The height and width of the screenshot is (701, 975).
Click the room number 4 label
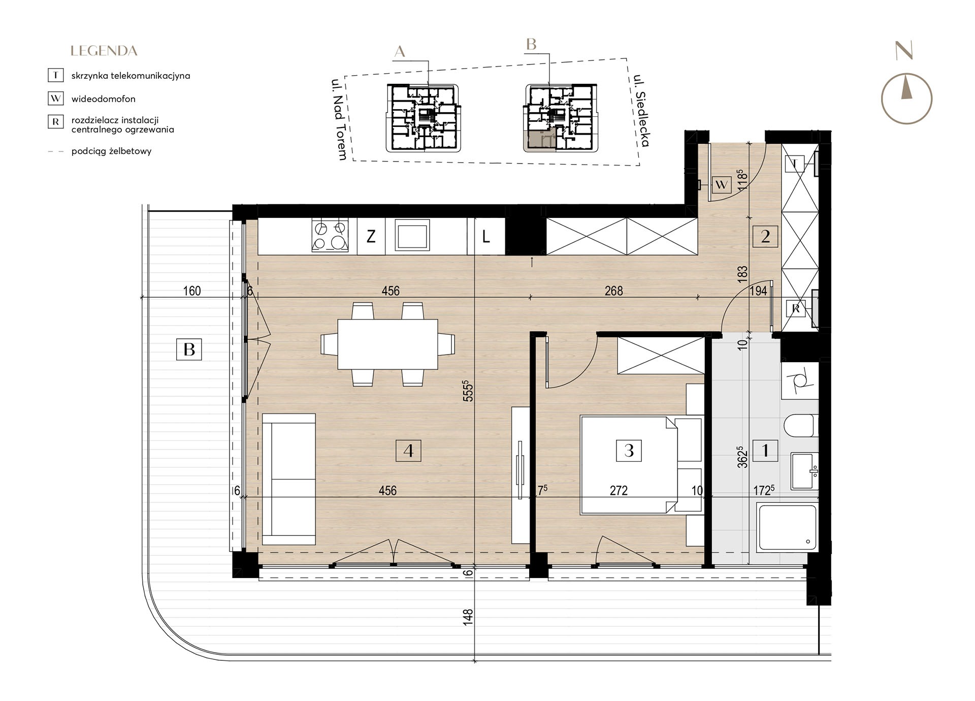(x=408, y=451)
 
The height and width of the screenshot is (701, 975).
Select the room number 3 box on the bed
(x=629, y=451)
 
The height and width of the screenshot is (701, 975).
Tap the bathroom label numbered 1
(x=765, y=450)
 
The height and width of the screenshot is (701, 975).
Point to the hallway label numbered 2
(x=766, y=236)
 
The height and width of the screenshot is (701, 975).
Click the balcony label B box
(x=189, y=349)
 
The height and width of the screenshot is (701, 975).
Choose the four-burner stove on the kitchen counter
(x=330, y=236)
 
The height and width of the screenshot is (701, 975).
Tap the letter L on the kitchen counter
(x=486, y=237)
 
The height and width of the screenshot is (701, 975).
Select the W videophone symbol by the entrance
(x=721, y=185)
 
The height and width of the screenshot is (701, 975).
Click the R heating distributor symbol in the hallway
(x=796, y=308)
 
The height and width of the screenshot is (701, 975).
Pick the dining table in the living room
(x=388, y=344)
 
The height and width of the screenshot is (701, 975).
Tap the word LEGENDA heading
(x=104, y=51)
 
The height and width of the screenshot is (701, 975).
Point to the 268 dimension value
(x=614, y=291)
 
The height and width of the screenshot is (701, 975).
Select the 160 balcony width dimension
(x=192, y=291)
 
